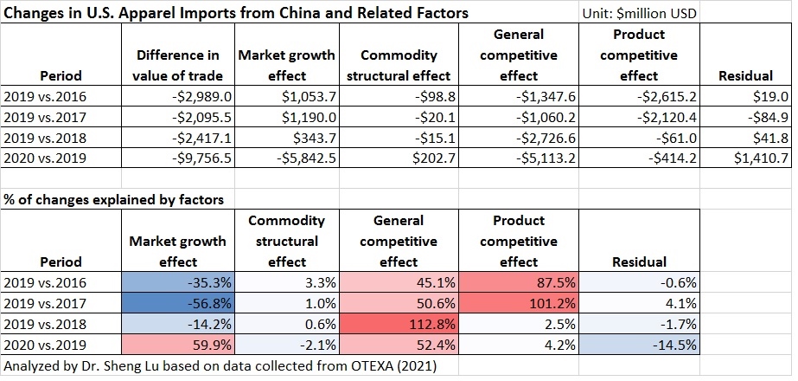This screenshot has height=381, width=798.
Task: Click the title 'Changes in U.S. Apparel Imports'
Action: [233, 13]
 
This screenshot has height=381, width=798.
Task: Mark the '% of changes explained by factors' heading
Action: [113, 199]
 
